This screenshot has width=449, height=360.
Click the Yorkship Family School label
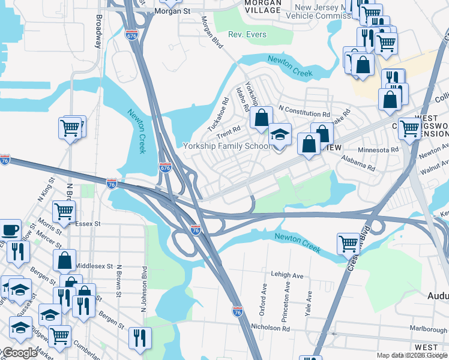click(226, 146)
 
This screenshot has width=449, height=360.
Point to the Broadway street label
click(98, 31)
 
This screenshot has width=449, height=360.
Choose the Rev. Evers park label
click(249, 35)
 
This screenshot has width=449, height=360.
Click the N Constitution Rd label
click(304, 114)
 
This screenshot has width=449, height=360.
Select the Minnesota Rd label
click(378, 150)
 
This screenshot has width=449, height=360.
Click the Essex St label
click(87, 223)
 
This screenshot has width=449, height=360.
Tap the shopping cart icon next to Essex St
click(64, 211)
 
